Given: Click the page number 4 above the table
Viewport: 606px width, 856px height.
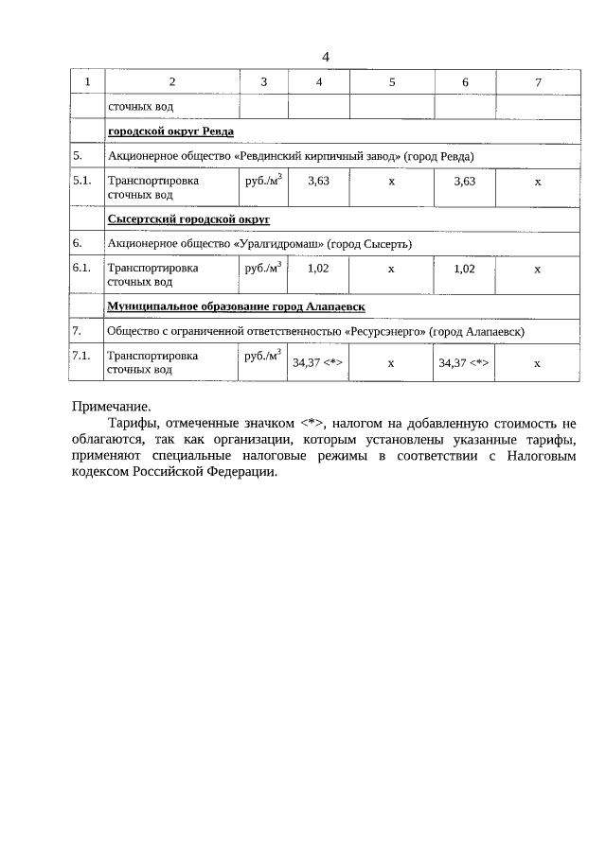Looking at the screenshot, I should click(x=326, y=57).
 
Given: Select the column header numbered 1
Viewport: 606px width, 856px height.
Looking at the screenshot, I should click(x=87, y=82).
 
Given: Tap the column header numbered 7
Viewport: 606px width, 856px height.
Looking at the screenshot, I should click(x=537, y=82).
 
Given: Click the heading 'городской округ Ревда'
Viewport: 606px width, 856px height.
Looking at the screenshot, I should click(x=170, y=131).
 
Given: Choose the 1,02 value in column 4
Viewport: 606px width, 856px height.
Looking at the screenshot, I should click(x=318, y=269).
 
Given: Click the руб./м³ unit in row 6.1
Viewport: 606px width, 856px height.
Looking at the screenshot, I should click(x=263, y=268).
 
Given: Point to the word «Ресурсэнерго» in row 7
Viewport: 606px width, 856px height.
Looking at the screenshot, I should click(x=387, y=331).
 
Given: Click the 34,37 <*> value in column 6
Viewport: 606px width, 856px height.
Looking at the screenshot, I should click(x=464, y=362).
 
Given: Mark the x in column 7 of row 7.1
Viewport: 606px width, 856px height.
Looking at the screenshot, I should click(x=537, y=362).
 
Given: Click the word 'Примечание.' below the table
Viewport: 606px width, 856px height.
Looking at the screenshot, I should click(x=111, y=406).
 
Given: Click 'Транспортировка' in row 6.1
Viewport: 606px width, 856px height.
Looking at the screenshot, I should click(x=152, y=268).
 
